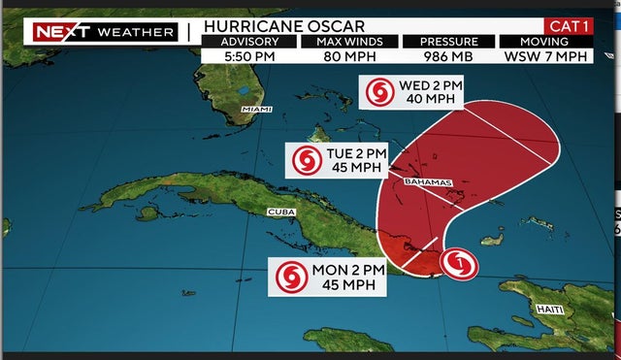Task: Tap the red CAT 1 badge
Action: pyautogui.click(x=569, y=25)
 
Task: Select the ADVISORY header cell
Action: pyautogui.click(x=248, y=42)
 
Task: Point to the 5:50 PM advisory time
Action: pyautogui.click(x=248, y=57)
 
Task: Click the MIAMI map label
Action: pyautogui.click(x=257, y=109)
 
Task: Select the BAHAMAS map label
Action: pyautogui.click(x=425, y=181)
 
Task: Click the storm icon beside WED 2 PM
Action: pyautogui.click(x=379, y=93)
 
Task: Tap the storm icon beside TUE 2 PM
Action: pyautogui.click(x=308, y=160)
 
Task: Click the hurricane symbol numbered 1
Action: pyautogui.click(x=458, y=261)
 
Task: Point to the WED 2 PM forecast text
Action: pyautogui.click(x=431, y=85)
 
